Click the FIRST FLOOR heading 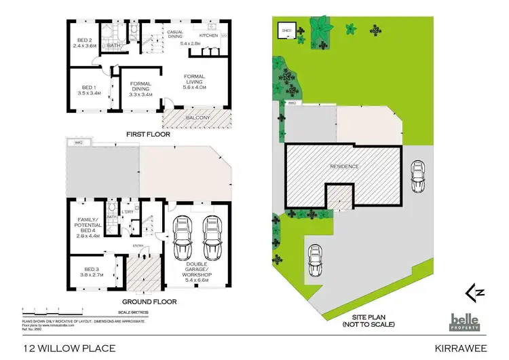[148, 134]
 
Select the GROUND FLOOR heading [149, 301]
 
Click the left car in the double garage [183, 239]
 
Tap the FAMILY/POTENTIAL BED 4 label [89, 229]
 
